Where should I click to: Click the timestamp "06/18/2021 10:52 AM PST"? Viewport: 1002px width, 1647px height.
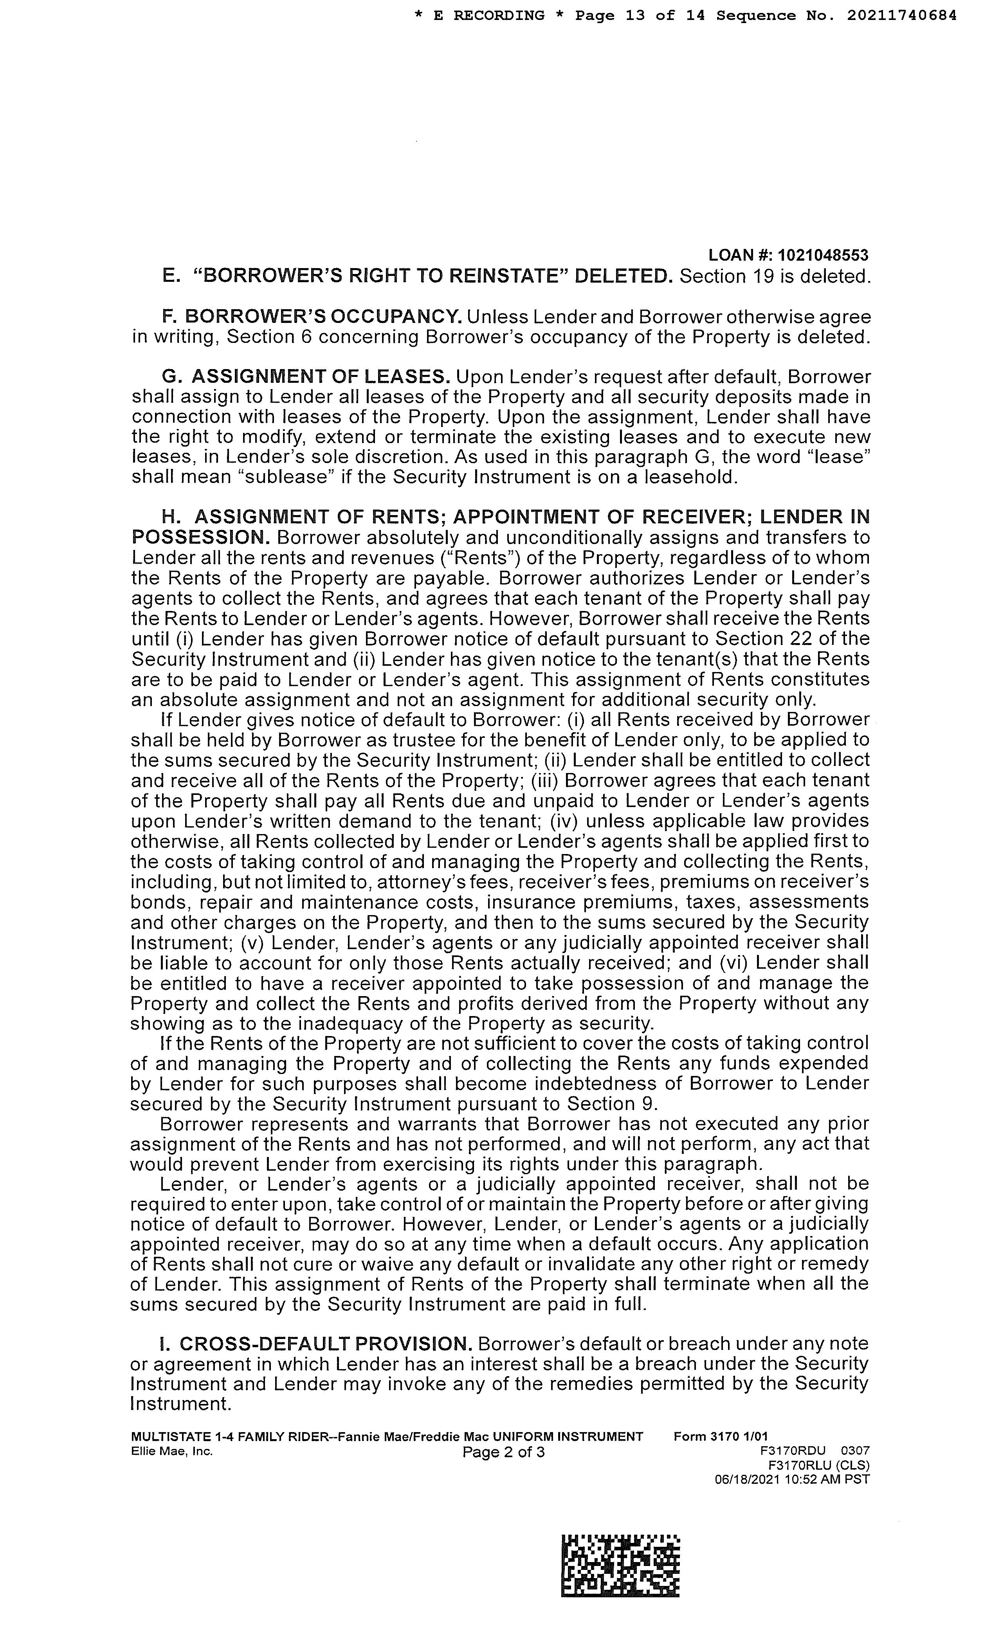pos(792,1479)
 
